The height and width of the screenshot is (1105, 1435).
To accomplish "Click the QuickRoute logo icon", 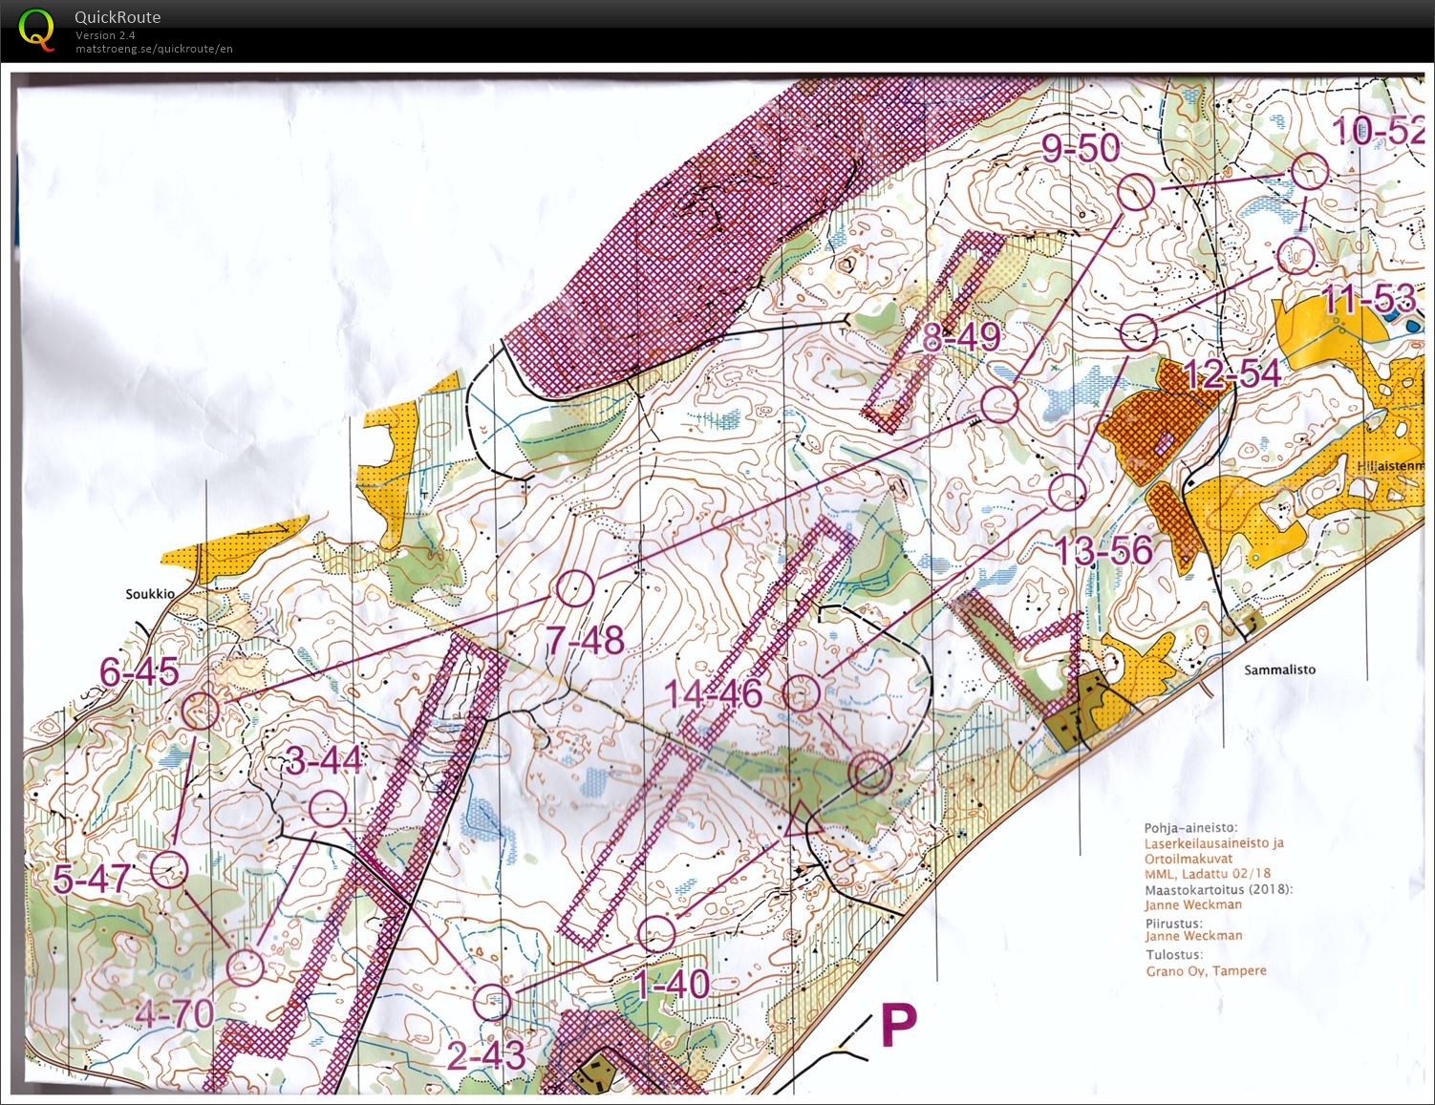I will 36,29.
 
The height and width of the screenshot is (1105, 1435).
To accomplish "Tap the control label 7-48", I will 585,641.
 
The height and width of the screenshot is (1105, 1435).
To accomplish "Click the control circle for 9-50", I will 1136,193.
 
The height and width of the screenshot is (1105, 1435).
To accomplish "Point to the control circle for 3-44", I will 329,809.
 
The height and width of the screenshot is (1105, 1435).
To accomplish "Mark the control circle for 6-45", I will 201,711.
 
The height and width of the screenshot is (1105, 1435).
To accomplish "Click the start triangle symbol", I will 801,820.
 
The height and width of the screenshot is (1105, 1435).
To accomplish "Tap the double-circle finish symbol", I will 870,773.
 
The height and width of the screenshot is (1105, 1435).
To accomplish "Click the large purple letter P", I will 898,1026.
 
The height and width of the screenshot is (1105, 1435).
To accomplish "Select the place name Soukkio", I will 150,594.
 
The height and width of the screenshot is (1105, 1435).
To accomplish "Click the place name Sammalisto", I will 1279,669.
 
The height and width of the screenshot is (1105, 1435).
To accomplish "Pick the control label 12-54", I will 1232,374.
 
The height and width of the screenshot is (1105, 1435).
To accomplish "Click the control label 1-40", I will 672,983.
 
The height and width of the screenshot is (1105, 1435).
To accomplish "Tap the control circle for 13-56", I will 1067,492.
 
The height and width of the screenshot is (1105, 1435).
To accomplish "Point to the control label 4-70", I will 174,1012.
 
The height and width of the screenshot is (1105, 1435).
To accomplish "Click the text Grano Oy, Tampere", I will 1206,970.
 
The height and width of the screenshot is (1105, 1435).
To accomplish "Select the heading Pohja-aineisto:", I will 1190,828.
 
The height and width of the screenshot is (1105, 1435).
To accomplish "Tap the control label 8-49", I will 961,337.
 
